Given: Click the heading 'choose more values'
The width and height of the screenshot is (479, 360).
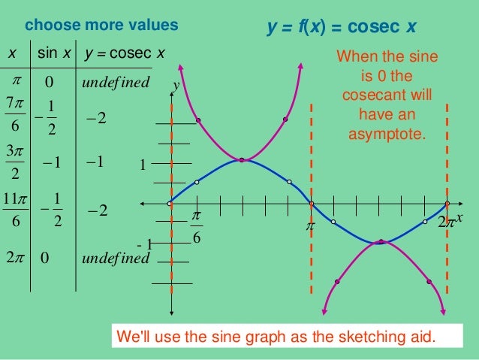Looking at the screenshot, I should pyautogui.click(x=101, y=26).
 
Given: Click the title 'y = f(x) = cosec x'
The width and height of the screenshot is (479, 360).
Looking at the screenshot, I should pyautogui.click(x=342, y=29).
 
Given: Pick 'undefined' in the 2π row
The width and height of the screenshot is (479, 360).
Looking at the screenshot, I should pyautogui.click(x=116, y=258).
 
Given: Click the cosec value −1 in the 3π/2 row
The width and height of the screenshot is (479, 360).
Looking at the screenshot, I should pyautogui.click(x=96, y=163).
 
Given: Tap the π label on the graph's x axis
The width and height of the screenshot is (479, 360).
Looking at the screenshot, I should pyautogui.click(x=309, y=224).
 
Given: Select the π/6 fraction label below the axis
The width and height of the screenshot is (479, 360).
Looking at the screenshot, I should pyautogui.click(x=196, y=227).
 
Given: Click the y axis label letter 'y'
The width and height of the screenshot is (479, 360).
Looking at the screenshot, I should pyautogui.click(x=176, y=87).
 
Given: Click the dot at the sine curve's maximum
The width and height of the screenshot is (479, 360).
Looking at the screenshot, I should pyautogui.click(x=242, y=159).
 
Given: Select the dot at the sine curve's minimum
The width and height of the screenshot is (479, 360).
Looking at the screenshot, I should pyautogui.click(x=381, y=241).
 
